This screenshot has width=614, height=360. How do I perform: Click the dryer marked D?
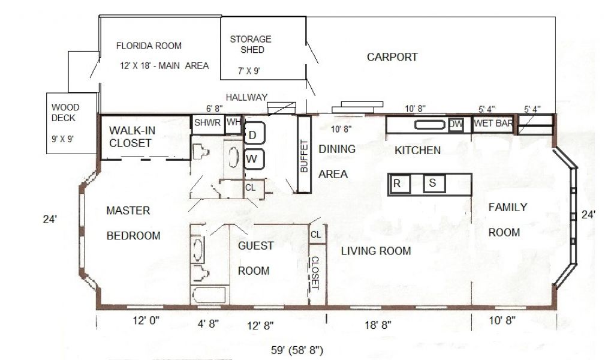(x=254, y=133)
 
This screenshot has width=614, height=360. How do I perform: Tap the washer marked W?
(x=254, y=159)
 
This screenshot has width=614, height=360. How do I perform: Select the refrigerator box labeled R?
(x=399, y=184)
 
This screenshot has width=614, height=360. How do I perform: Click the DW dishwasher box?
(x=456, y=125)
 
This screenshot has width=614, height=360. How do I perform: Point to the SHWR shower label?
(x=207, y=122)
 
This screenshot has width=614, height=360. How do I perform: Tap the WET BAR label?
(x=493, y=124)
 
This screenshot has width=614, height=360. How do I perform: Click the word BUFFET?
(x=304, y=156)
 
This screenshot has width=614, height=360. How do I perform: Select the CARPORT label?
(x=392, y=57)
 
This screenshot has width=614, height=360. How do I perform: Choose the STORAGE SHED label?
(x=251, y=44)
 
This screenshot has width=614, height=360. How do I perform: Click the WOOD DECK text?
(x=65, y=112)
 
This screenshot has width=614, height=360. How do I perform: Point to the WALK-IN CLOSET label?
(x=132, y=137)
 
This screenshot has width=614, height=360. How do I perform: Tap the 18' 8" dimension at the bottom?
(x=378, y=325)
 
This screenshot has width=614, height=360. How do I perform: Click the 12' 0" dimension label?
(x=146, y=320)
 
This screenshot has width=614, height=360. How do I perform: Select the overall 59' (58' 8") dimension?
(x=297, y=350)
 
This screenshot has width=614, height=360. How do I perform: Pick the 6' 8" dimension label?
(x=214, y=108)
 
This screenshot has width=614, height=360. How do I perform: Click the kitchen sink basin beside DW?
(x=430, y=125)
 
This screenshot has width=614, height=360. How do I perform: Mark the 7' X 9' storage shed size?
(x=249, y=71)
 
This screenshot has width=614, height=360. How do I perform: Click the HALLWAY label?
(x=246, y=97)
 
